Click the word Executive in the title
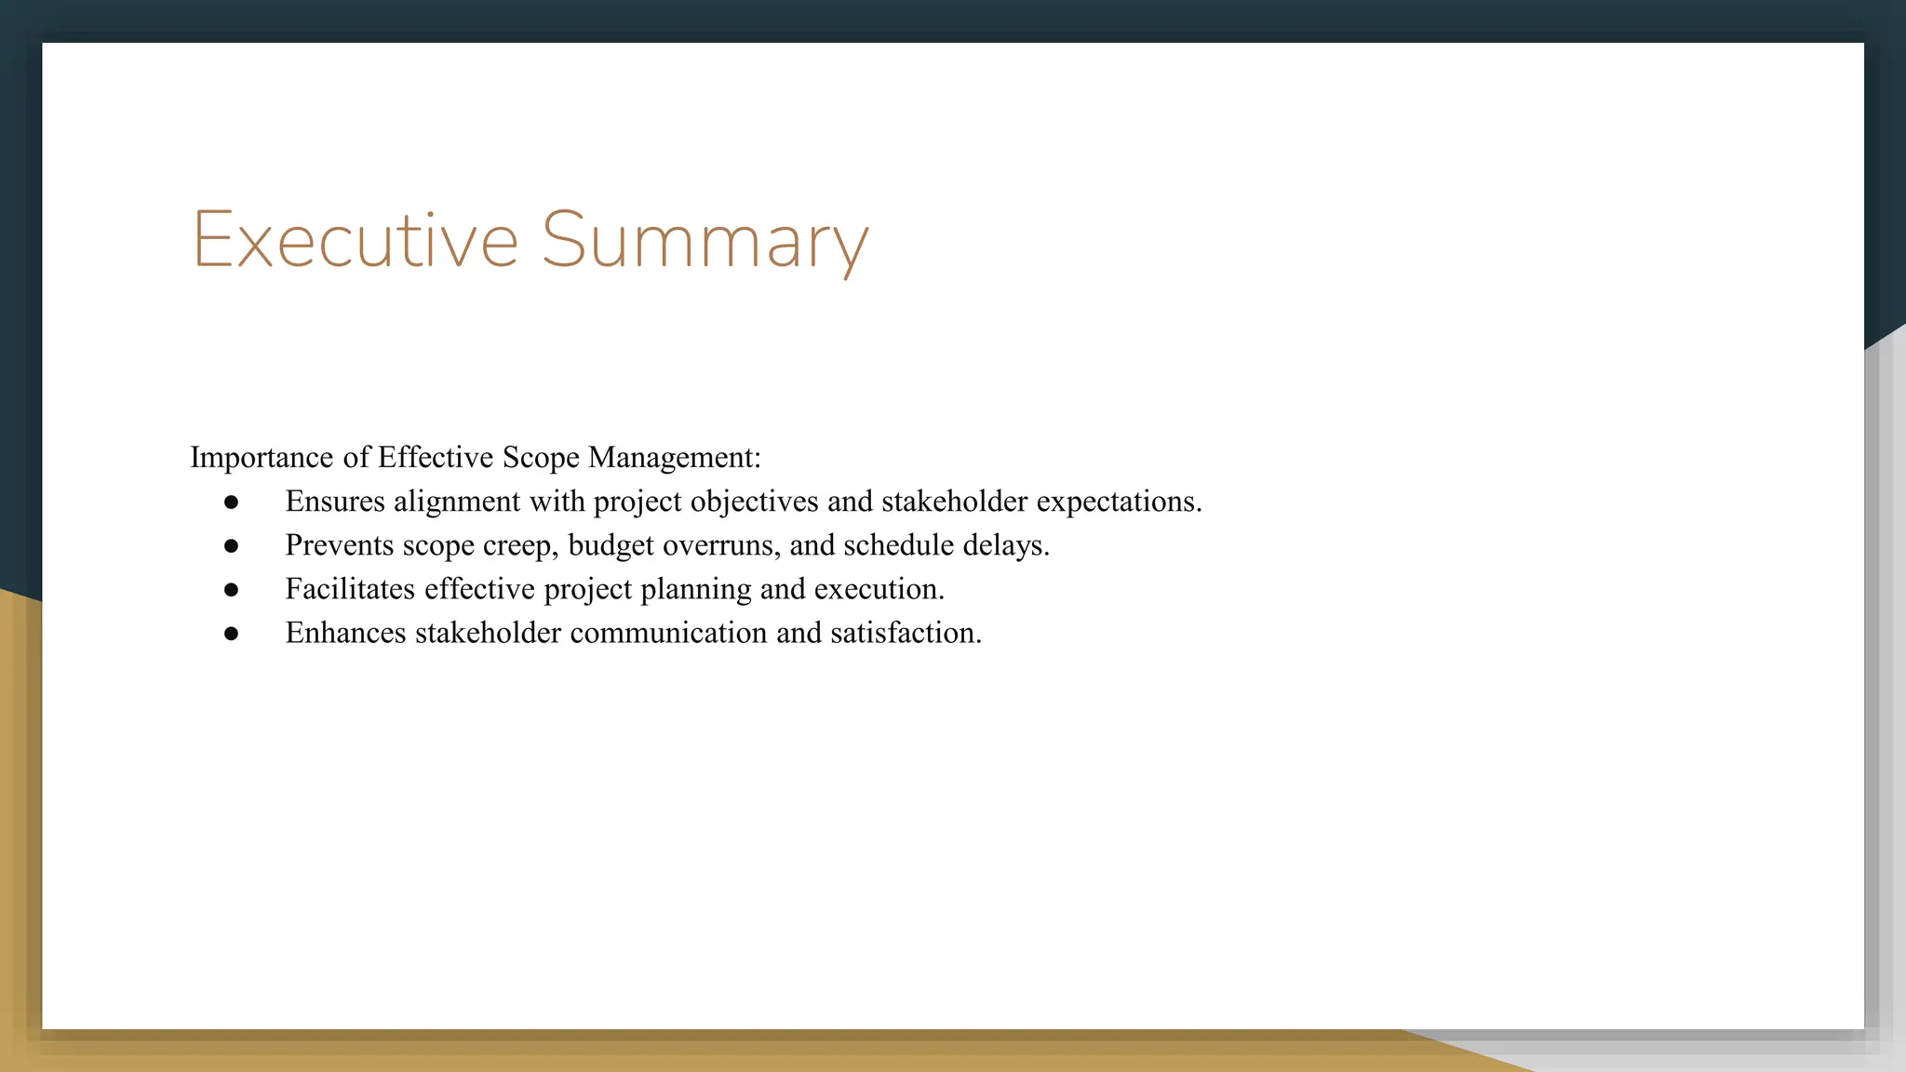(355, 240)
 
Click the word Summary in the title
(705, 240)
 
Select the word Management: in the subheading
(675, 458)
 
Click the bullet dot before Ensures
(232, 502)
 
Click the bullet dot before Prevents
(232, 546)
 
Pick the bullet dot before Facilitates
(232, 590)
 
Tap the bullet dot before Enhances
(232, 634)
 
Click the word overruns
(721, 546)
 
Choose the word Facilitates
(350, 589)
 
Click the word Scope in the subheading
(541, 458)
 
